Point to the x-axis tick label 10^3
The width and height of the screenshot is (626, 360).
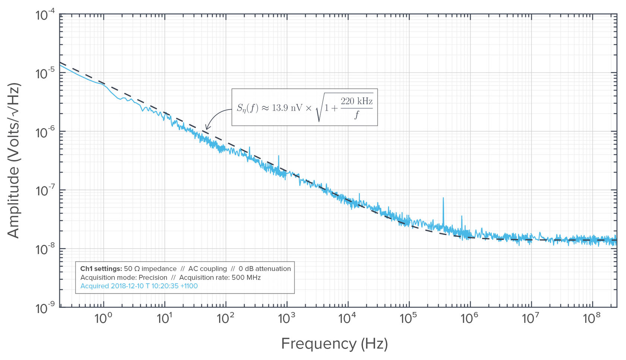[x=286, y=318]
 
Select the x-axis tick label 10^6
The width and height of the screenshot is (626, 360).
[x=469, y=318]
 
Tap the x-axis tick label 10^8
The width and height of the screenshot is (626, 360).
[x=591, y=318]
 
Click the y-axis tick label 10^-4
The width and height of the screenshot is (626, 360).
[x=45, y=15]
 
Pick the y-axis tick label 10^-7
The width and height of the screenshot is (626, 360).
[x=45, y=190]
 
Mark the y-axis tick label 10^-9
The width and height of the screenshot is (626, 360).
[x=45, y=308]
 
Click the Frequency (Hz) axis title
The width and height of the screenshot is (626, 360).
[x=334, y=343]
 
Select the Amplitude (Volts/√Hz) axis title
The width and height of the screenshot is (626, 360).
[x=14, y=161]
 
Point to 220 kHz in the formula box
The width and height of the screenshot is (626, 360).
[x=356, y=101]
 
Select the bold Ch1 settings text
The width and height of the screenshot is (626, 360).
[x=101, y=269]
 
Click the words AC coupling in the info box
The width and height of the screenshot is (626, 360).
[x=207, y=269]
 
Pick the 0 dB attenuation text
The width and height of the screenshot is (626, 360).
[x=265, y=269]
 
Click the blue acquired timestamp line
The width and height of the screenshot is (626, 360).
[x=139, y=286]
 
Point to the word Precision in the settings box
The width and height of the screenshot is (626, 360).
[x=153, y=278]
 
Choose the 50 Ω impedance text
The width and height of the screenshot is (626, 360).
[x=150, y=269]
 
